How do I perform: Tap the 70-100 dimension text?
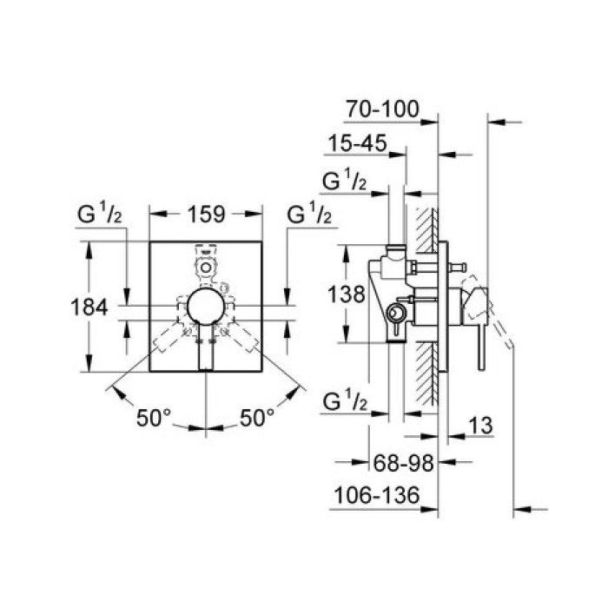click(x=382, y=110)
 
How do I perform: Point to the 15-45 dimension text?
click(x=357, y=143)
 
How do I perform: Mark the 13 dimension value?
click(x=482, y=426)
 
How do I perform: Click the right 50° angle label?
click(x=257, y=418)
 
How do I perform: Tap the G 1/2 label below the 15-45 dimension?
click(x=345, y=180)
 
